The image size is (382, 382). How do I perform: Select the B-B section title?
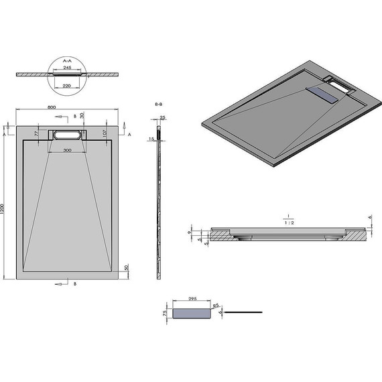pyautogui.click(x=159, y=105)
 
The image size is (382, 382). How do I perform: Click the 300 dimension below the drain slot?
pyautogui.click(x=67, y=151)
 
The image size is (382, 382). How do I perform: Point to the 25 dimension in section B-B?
pyautogui.click(x=163, y=117)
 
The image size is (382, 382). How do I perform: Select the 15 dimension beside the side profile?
pyautogui.click(x=152, y=139)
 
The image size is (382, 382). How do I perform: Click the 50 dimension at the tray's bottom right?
pyautogui.click(x=126, y=268)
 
